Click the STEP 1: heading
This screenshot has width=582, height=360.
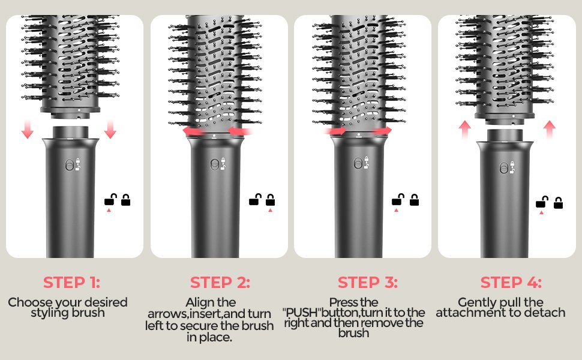pos(71,282)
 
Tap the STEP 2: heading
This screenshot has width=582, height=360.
pos(220,282)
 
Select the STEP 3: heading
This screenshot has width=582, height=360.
pos(368,282)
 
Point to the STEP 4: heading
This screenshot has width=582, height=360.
pos(511,282)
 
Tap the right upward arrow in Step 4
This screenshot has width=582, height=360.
pos(550,128)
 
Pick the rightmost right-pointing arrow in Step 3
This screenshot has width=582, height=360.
pos(381,130)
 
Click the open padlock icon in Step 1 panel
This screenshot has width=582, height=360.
pos(110,200)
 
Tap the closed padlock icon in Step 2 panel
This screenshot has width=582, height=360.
pos(270,200)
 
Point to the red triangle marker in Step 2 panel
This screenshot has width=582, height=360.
pos(270,211)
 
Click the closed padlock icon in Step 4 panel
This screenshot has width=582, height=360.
pos(558,203)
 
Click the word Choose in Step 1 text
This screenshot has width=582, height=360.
pos(27,302)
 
